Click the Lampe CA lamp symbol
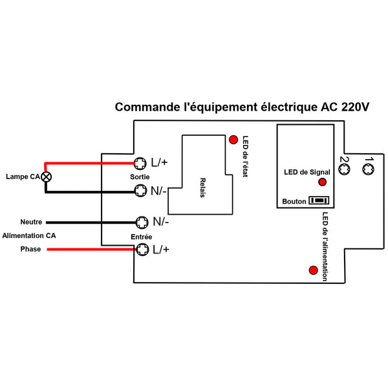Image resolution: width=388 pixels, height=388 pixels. tap(47, 177)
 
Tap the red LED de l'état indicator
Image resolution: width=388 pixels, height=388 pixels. tap(233, 140)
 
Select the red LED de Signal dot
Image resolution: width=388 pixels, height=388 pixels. tap(322, 182)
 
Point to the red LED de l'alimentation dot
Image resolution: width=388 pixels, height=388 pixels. tap(313, 270)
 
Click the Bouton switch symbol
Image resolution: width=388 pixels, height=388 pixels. tap(319, 200)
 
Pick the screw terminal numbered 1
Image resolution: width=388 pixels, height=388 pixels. tap(368, 169)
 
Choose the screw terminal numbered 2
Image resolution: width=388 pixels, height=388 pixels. tap(344, 169)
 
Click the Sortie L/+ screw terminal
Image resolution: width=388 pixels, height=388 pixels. tap(140, 164)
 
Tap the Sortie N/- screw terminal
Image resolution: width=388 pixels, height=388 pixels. tap(140, 191)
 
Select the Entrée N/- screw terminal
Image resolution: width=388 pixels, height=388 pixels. tap(142, 222)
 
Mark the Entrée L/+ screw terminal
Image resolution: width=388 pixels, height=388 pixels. tap(142, 250)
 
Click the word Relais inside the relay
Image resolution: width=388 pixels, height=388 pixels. tap(202, 188)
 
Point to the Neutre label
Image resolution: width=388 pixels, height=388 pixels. tap(31, 222)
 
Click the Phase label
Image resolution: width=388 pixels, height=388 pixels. tap(30, 249)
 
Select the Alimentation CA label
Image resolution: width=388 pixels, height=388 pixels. tap(29, 235)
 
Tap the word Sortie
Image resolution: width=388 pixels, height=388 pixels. tap(140, 177)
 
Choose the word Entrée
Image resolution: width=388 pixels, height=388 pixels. tap(141, 237)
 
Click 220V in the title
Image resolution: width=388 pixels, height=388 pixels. tap(355, 107)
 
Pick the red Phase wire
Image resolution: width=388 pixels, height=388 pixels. tap(92, 250)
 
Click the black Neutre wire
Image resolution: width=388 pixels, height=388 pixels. tap(91, 222)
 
